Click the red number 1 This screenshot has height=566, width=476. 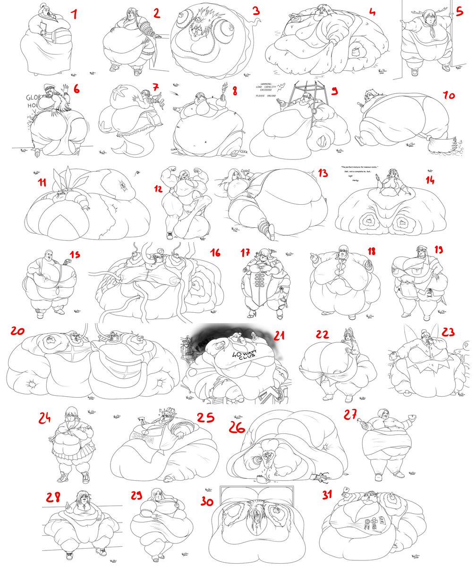(74, 15)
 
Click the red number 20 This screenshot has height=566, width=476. (18, 332)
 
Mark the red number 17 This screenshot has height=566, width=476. (245, 253)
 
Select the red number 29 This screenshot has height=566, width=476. (137, 495)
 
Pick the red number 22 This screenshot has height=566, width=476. (323, 334)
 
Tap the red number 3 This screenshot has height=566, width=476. (255, 10)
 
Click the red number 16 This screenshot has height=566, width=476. (216, 254)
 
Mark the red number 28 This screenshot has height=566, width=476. (52, 497)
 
